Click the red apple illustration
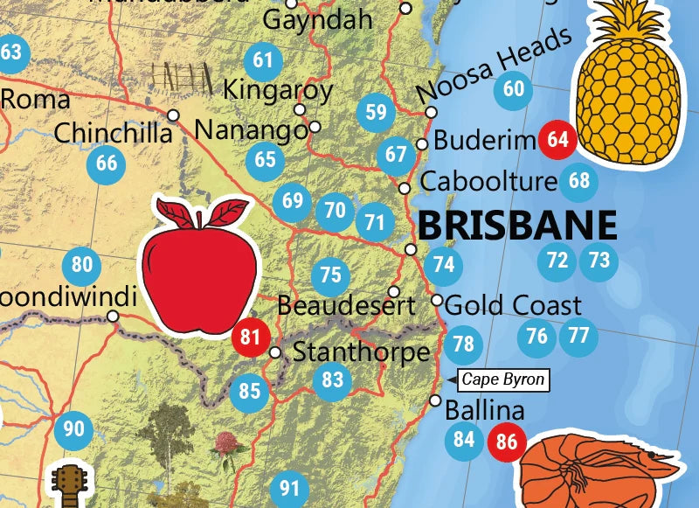(201, 267)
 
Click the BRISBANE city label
(517, 225)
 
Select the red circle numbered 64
(557, 140)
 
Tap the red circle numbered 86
(506, 442)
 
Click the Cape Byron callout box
(502, 379)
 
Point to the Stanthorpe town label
(361, 352)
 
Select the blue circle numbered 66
(106, 163)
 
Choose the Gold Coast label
(513, 305)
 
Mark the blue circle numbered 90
(74, 428)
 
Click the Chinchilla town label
(113, 134)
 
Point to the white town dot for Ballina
(435, 400)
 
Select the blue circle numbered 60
(514, 89)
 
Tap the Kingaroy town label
(278, 89)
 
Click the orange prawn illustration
(603, 468)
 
